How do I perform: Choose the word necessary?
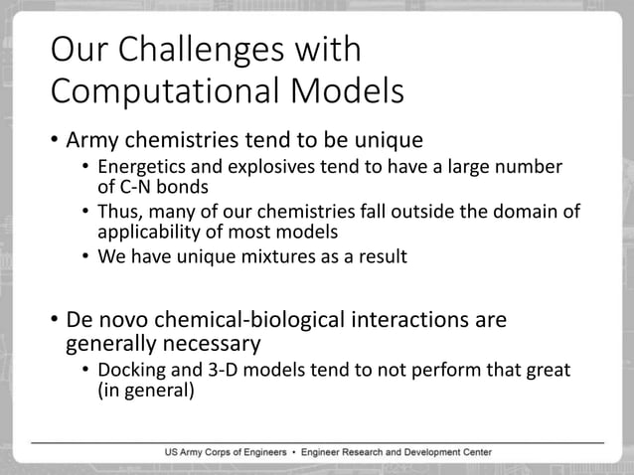[x=211, y=345]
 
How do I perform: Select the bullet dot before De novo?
[x=56, y=322]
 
